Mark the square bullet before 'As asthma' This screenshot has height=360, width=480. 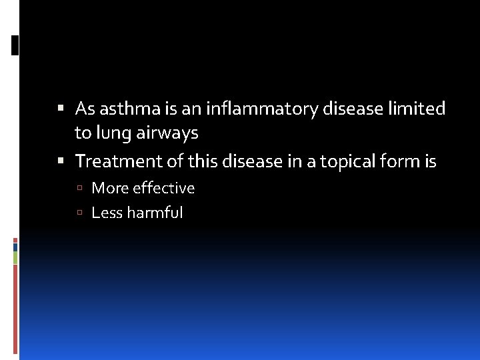click(61, 108)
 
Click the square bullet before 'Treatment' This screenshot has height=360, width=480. click(61, 161)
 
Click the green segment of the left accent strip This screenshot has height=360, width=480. click(15, 257)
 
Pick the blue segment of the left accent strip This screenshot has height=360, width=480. click(15, 246)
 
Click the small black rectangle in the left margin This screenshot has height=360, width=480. click(15, 45)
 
